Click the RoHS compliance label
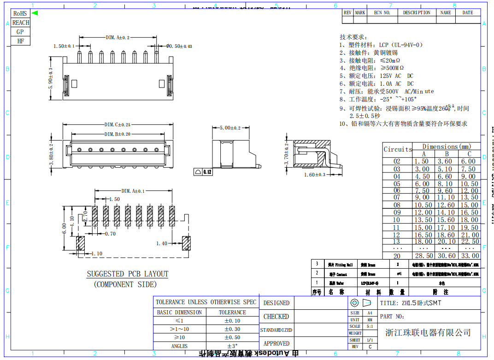pos(20,13)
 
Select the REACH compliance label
pos(20,23)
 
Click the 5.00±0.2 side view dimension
pos(230,128)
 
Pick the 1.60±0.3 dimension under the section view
pos(315,175)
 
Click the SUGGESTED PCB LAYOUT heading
pos(128,274)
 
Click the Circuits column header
pos(398,149)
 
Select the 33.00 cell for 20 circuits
pos(470,256)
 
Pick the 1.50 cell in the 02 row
pos(421,161)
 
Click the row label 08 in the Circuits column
pos(397,205)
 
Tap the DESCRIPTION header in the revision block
pos(417,13)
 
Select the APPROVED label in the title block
pos(276,343)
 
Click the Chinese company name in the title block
pos(428,332)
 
